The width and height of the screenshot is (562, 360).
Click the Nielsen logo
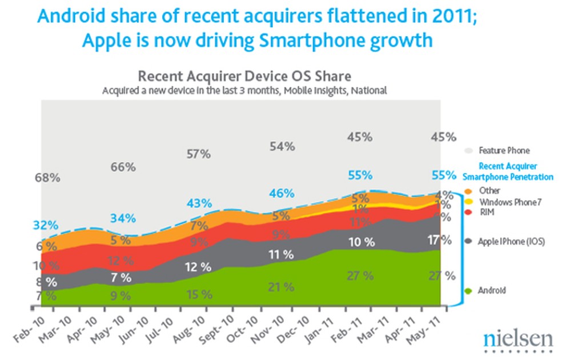[517, 339]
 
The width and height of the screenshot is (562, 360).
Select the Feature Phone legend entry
[503, 150]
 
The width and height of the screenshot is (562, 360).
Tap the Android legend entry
[492, 291]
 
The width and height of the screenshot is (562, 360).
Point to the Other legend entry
[489, 191]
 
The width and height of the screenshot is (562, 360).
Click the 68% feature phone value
[47, 178]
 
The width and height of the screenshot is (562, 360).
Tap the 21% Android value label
[282, 287]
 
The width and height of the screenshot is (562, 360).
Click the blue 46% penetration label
[282, 193]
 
